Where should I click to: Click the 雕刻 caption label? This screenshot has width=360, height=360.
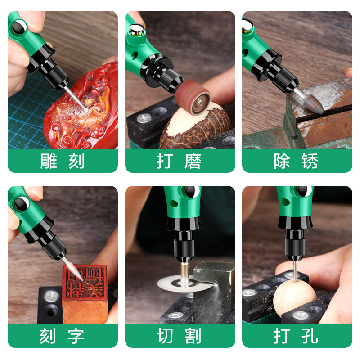(x=63, y=161)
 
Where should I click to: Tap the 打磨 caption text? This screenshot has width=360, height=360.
(x=179, y=161)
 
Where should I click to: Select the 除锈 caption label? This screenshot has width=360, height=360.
(x=296, y=161)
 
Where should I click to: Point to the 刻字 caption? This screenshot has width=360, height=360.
(x=62, y=336)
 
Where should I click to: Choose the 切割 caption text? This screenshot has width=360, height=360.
(x=179, y=336)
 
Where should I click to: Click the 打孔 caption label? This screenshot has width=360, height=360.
(x=296, y=336)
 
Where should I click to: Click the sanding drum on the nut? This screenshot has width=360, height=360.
(x=193, y=97)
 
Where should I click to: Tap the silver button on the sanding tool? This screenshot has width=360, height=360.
(x=136, y=28)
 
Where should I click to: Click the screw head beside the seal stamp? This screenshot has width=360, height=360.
(x=51, y=296)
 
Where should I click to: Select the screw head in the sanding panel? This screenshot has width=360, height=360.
(x=144, y=118)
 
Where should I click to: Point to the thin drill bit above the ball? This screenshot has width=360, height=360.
(x=296, y=270)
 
